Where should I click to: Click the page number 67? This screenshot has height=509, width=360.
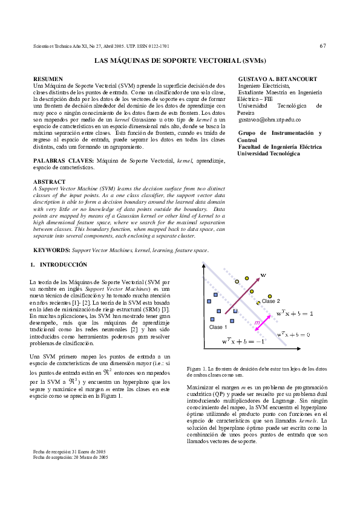click(x=323, y=46)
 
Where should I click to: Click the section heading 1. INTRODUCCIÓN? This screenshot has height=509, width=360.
click(x=59, y=265)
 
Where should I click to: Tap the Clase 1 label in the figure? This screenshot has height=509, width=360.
click(x=217, y=326)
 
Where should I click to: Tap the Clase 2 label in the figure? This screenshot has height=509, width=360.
click(x=271, y=300)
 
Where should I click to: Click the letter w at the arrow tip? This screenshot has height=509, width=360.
click(x=264, y=276)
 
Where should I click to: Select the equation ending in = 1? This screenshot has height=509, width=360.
click(x=294, y=313)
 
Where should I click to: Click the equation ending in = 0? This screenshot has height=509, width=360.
click(x=293, y=334)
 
